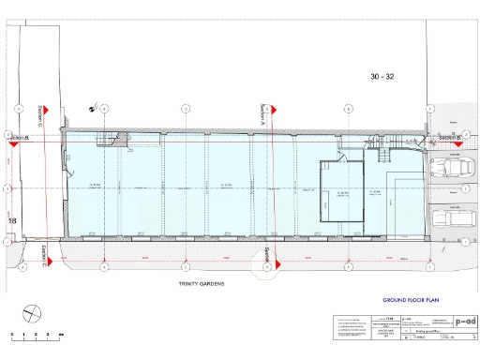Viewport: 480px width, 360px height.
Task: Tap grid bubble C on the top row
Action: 186,109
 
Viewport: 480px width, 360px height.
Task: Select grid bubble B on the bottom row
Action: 105,267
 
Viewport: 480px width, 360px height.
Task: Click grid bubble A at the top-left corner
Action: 20,109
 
